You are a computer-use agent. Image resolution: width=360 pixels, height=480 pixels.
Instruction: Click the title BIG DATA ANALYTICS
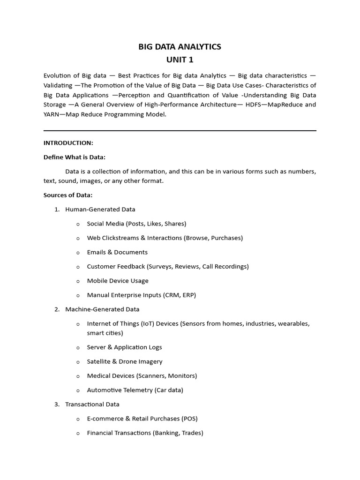pyautogui.click(x=180, y=47)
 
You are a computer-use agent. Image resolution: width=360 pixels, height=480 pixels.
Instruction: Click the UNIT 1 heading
pyautogui.click(x=180, y=60)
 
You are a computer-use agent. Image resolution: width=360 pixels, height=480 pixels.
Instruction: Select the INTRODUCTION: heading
pyautogui.click(x=68, y=143)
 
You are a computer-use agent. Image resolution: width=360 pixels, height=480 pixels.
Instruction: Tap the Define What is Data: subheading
pyautogui.click(x=78, y=157)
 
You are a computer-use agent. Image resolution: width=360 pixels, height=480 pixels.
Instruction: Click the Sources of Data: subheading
pyautogui.click(x=68, y=195)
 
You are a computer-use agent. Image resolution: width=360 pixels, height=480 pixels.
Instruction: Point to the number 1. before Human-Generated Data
pyautogui.click(x=57, y=210)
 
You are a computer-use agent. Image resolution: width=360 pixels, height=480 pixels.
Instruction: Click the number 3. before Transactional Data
pyautogui.click(x=57, y=404)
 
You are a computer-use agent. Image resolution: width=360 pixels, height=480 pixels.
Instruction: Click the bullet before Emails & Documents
pyautogui.click(x=78, y=253)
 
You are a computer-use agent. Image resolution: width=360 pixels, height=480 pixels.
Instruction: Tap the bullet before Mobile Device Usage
pyautogui.click(x=78, y=281)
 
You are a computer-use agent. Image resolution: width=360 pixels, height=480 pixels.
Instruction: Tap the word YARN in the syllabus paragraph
pyautogui.click(x=52, y=114)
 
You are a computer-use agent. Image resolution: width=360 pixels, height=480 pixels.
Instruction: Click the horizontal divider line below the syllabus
pyautogui.click(x=180, y=131)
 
